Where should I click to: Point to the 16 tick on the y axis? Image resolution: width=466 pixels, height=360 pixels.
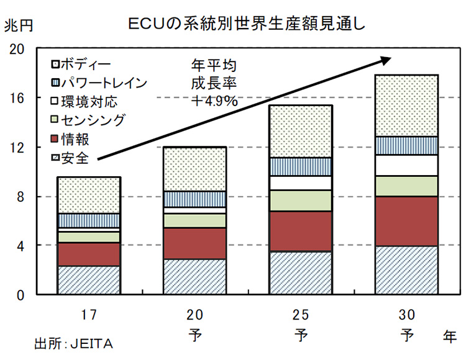click(20, 98)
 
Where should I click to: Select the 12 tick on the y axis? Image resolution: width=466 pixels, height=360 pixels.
click(20, 147)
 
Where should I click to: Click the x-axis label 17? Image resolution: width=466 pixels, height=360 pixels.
click(88, 312)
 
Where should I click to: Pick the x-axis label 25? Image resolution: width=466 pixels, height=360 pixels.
click(301, 312)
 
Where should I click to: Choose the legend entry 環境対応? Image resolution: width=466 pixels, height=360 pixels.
click(89, 102)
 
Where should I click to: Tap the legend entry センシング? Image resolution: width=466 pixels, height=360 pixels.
click(92, 120)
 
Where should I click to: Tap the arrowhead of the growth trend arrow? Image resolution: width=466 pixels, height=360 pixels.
click(386, 58)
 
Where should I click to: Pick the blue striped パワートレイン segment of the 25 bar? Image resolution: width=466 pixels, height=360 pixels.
click(301, 166)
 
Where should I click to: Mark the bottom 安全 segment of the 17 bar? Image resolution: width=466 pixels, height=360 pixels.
click(88, 280)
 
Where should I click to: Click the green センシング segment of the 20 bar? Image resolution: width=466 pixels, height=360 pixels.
click(194, 221)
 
